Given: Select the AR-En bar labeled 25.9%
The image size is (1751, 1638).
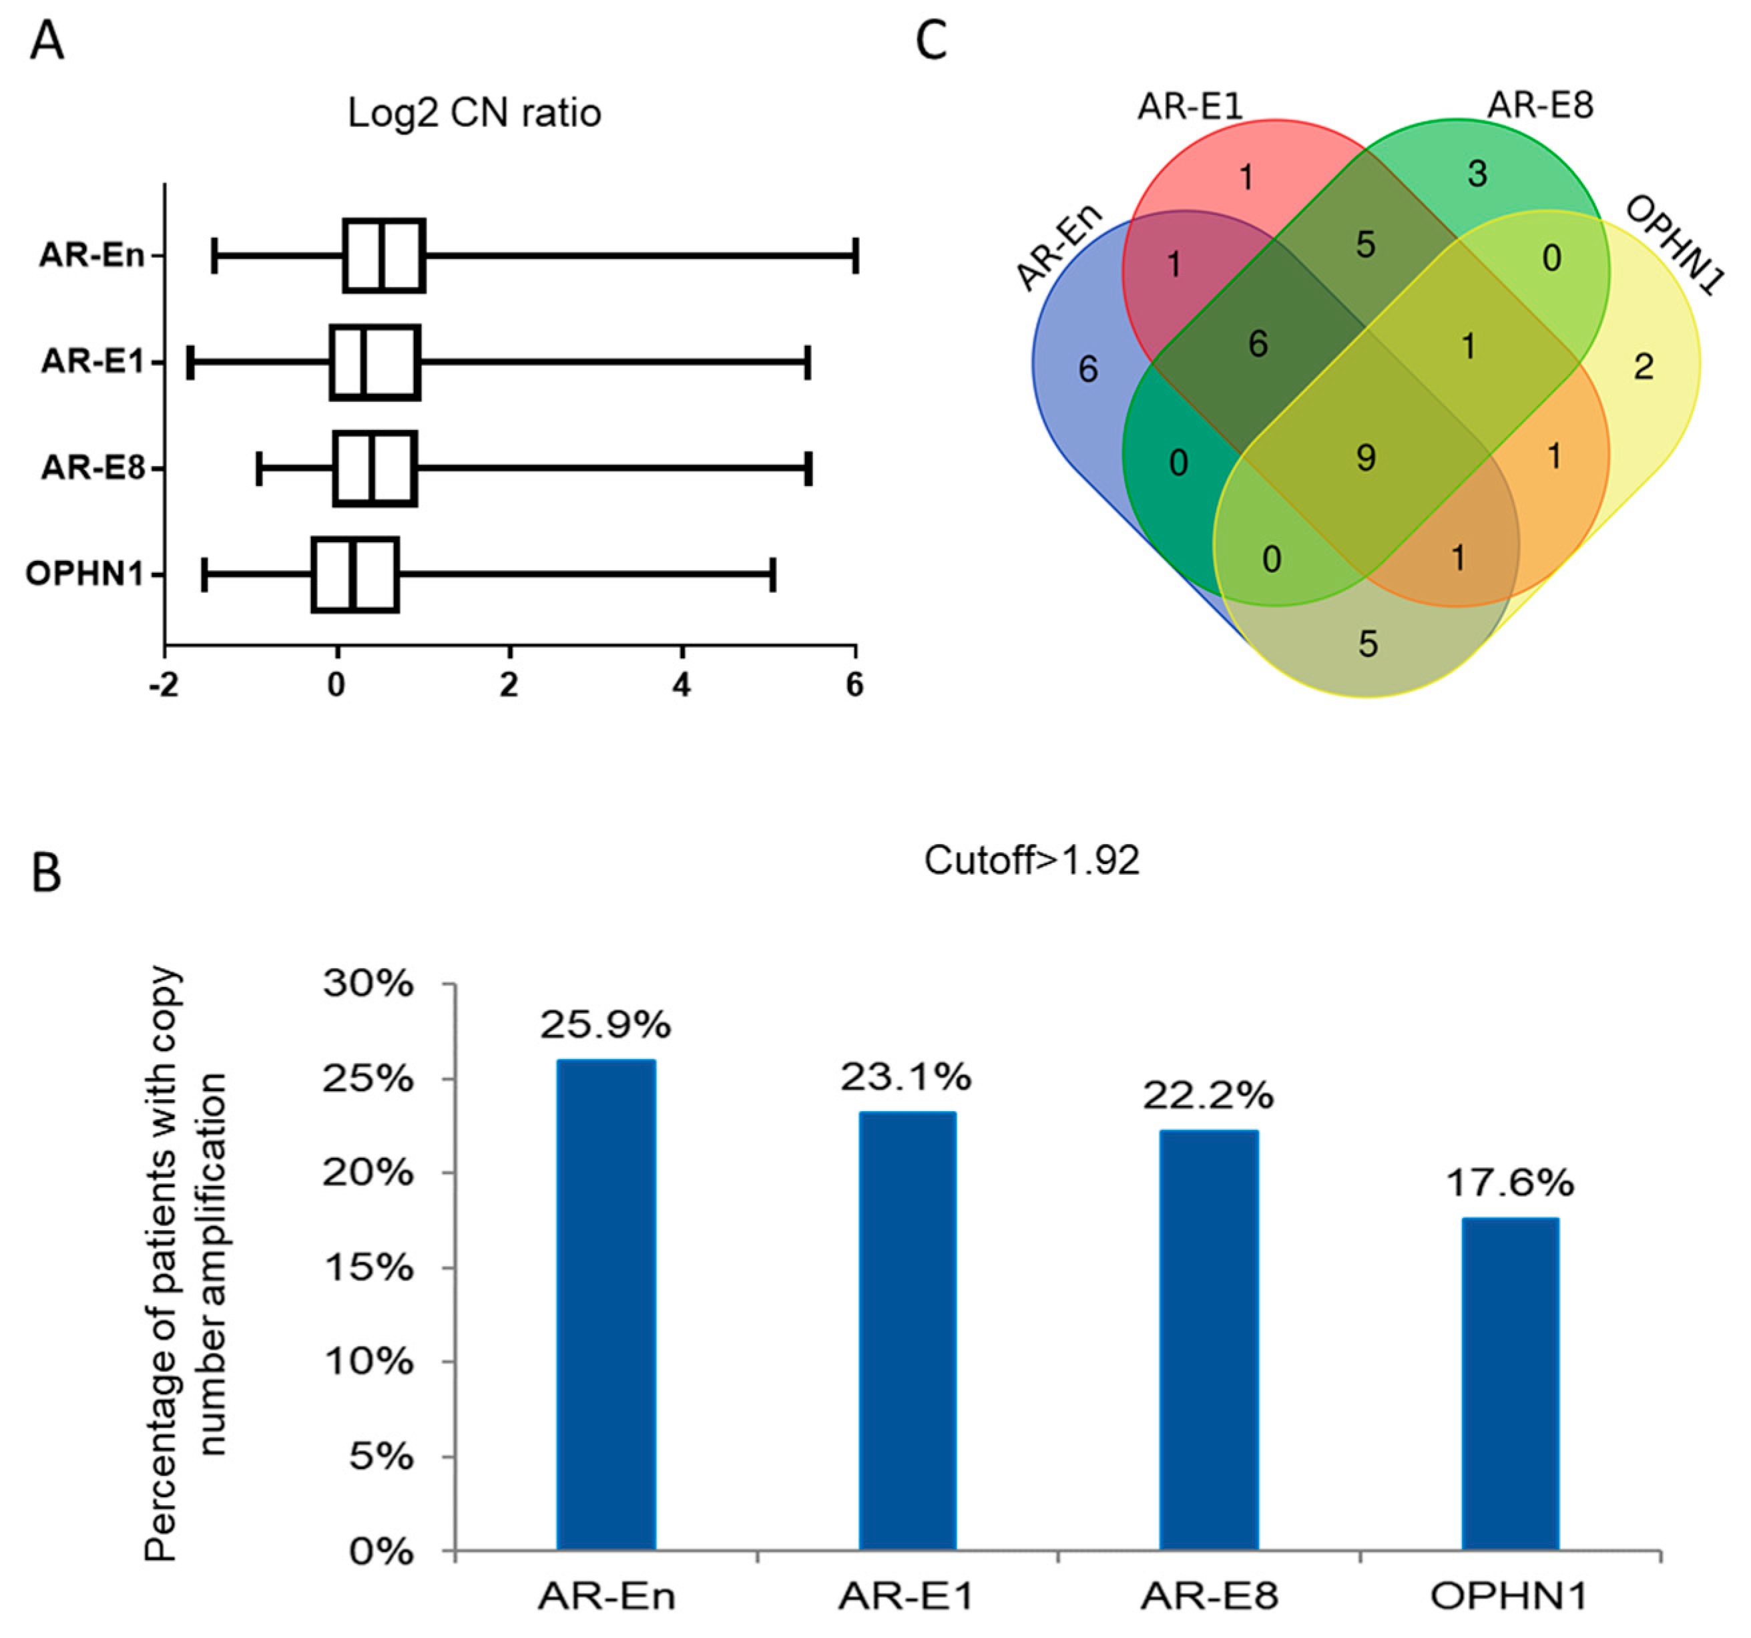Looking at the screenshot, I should [x=606, y=1304].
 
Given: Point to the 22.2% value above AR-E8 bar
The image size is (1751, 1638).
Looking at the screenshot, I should [x=1208, y=1095].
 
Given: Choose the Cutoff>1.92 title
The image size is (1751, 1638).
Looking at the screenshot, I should [x=1031, y=860].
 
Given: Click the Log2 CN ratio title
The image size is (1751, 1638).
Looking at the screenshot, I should [x=474, y=113].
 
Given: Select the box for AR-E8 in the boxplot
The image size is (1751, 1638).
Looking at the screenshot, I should [x=375, y=469].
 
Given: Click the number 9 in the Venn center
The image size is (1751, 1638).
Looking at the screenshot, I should [x=1365, y=457].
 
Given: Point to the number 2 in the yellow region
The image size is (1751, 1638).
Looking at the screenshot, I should [x=1644, y=367].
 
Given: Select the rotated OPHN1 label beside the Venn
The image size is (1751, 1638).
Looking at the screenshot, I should [x=1673, y=246].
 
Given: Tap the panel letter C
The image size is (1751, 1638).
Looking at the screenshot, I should [x=932, y=41].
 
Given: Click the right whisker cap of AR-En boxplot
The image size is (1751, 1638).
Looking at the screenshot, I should [x=854, y=256].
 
